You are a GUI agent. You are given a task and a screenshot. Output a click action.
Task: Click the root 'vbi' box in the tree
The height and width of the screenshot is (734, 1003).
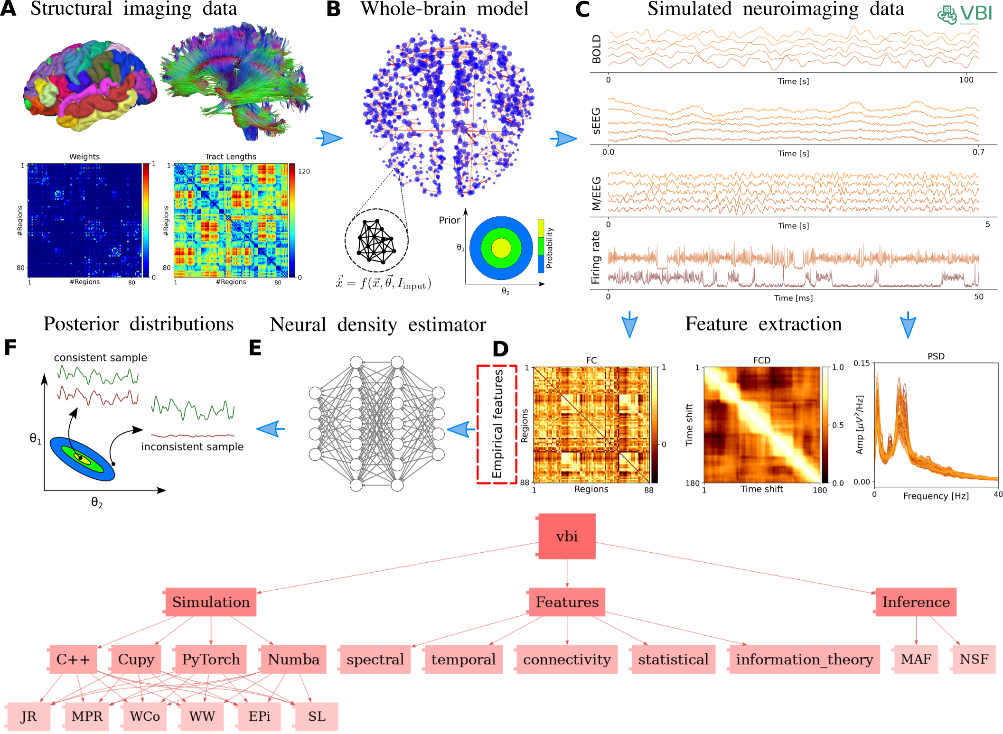[x=567, y=536]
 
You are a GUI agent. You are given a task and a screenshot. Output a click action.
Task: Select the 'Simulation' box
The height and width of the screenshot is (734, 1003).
[x=211, y=602]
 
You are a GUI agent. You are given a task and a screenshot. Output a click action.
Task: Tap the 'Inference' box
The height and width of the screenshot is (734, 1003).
[x=916, y=602]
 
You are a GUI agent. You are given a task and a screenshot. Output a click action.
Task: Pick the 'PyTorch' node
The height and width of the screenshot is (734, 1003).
[x=211, y=659]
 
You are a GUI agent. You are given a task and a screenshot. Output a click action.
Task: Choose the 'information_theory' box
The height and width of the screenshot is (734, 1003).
[x=804, y=659]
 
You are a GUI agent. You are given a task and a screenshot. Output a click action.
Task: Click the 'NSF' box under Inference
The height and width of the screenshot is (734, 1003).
[x=974, y=659]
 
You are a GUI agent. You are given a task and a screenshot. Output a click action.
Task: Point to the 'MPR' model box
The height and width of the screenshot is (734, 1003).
[x=87, y=716]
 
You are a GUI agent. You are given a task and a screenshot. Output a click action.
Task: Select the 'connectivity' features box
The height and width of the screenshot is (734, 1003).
[x=567, y=659]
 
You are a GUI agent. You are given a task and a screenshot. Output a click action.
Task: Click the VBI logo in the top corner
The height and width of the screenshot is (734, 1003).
[x=965, y=14]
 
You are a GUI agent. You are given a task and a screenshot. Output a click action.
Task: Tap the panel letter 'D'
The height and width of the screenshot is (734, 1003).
[x=500, y=349]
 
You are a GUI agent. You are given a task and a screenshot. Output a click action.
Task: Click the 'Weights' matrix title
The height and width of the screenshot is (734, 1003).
[x=84, y=157]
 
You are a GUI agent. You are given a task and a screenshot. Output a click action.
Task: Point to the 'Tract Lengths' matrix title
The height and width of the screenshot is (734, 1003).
[x=230, y=157]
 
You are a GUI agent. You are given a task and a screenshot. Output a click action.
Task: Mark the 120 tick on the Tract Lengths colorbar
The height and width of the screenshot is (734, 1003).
[x=304, y=171]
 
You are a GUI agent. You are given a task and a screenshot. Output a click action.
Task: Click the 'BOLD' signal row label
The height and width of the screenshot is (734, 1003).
[x=597, y=49]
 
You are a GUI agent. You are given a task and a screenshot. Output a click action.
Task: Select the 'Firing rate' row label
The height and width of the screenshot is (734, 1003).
[x=596, y=257]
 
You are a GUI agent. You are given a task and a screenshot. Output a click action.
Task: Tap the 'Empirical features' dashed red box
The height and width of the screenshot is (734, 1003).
[x=497, y=424]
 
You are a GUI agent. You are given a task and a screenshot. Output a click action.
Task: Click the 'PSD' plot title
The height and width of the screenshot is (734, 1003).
[x=936, y=356]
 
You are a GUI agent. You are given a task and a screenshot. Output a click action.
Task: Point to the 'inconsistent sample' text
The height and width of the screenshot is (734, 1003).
[x=192, y=446]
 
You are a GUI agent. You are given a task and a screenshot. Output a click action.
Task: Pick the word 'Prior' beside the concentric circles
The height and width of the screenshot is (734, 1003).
[x=449, y=220]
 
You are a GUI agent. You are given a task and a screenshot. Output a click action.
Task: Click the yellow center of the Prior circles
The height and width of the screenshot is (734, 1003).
[x=501, y=248]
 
